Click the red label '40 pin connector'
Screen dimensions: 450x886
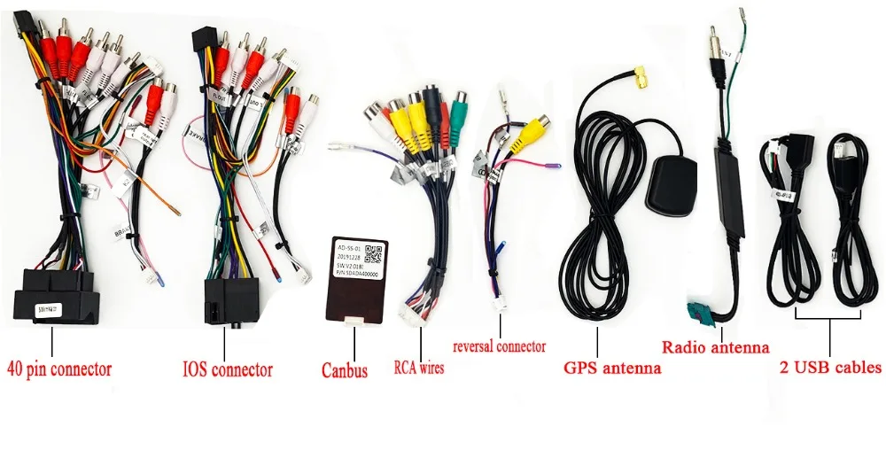(x=59, y=368)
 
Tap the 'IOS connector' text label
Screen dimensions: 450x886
(x=227, y=369)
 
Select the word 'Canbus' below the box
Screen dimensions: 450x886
(x=344, y=371)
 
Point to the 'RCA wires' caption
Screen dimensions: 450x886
(x=418, y=366)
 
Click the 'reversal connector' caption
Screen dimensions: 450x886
(x=499, y=346)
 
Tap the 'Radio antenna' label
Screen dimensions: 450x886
(x=716, y=348)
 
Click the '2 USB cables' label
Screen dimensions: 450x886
(x=831, y=367)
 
